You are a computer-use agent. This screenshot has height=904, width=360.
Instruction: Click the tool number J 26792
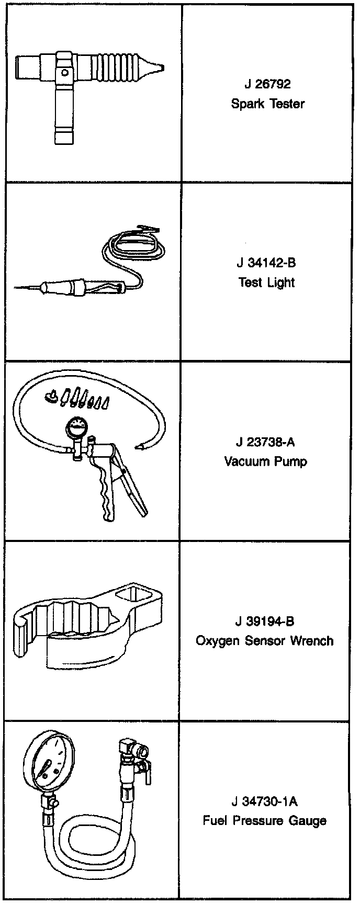(x=267, y=84)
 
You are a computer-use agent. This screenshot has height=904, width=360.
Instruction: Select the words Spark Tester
(x=267, y=104)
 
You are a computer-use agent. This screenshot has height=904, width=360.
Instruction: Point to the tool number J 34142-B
(x=266, y=263)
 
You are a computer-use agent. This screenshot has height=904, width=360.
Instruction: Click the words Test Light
(x=266, y=282)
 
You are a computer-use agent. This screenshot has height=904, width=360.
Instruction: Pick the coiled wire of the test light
(x=133, y=245)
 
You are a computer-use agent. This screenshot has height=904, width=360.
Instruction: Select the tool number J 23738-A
(x=265, y=442)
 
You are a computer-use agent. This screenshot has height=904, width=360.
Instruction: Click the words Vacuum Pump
(x=265, y=461)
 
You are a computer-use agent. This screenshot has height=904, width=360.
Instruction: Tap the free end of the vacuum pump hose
(x=140, y=446)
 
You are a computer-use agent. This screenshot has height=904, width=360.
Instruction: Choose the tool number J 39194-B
(x=265, y=621)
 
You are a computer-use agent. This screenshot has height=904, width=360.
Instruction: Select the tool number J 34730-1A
(x=264, y=801)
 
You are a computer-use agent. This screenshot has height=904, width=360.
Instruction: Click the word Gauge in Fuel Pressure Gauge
(x=308, y=821)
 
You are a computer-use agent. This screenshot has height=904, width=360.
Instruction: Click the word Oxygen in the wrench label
(x=217, y=641)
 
